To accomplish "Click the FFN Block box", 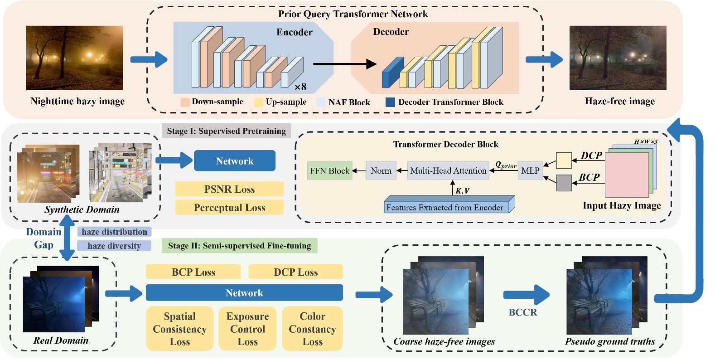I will coord(329,171).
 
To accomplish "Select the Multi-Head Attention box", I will coord(448,171).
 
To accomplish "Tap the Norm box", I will coord(381,171).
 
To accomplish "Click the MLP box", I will coord(530,171).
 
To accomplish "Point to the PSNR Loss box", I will coord(229,189).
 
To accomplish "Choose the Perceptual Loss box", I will coord(229,208).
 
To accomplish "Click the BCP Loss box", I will coord(193,272).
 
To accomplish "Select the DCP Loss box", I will coord(295,272).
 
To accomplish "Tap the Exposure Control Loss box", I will coord(247,329).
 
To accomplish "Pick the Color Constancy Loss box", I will coord(312,329).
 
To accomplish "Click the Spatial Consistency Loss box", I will coord(179,329).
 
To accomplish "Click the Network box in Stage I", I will coord(234,161).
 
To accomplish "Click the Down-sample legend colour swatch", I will coord(185,102).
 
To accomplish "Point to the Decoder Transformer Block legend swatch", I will coord(390,102).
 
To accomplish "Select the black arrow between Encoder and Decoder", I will coord(344,64).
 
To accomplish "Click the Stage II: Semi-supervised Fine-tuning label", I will coord(239,246).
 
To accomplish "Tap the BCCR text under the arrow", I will coord(522,312).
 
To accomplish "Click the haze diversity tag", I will coord(114,246).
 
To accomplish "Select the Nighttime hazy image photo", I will coord(75,58).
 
